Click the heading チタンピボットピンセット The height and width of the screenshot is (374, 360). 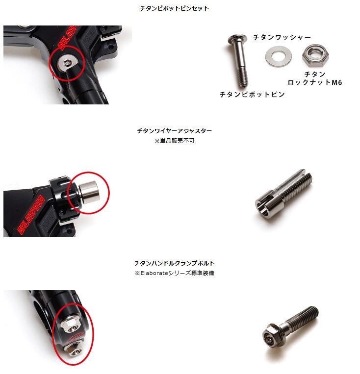174,8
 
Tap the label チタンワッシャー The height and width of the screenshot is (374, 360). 282,37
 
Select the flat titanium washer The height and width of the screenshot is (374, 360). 278,57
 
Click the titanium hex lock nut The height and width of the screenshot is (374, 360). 315,56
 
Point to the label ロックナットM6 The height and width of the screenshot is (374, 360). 315,82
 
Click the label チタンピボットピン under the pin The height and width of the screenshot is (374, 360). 252,95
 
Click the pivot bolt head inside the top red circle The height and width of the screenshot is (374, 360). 66,62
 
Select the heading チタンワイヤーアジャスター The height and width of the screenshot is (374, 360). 174,131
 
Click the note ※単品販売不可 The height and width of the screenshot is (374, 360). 174,141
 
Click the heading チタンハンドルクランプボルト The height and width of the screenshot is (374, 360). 174,263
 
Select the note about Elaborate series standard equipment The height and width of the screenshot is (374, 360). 174,273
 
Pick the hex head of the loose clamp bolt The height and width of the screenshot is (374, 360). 273,336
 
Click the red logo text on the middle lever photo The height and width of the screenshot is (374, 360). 31,214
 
